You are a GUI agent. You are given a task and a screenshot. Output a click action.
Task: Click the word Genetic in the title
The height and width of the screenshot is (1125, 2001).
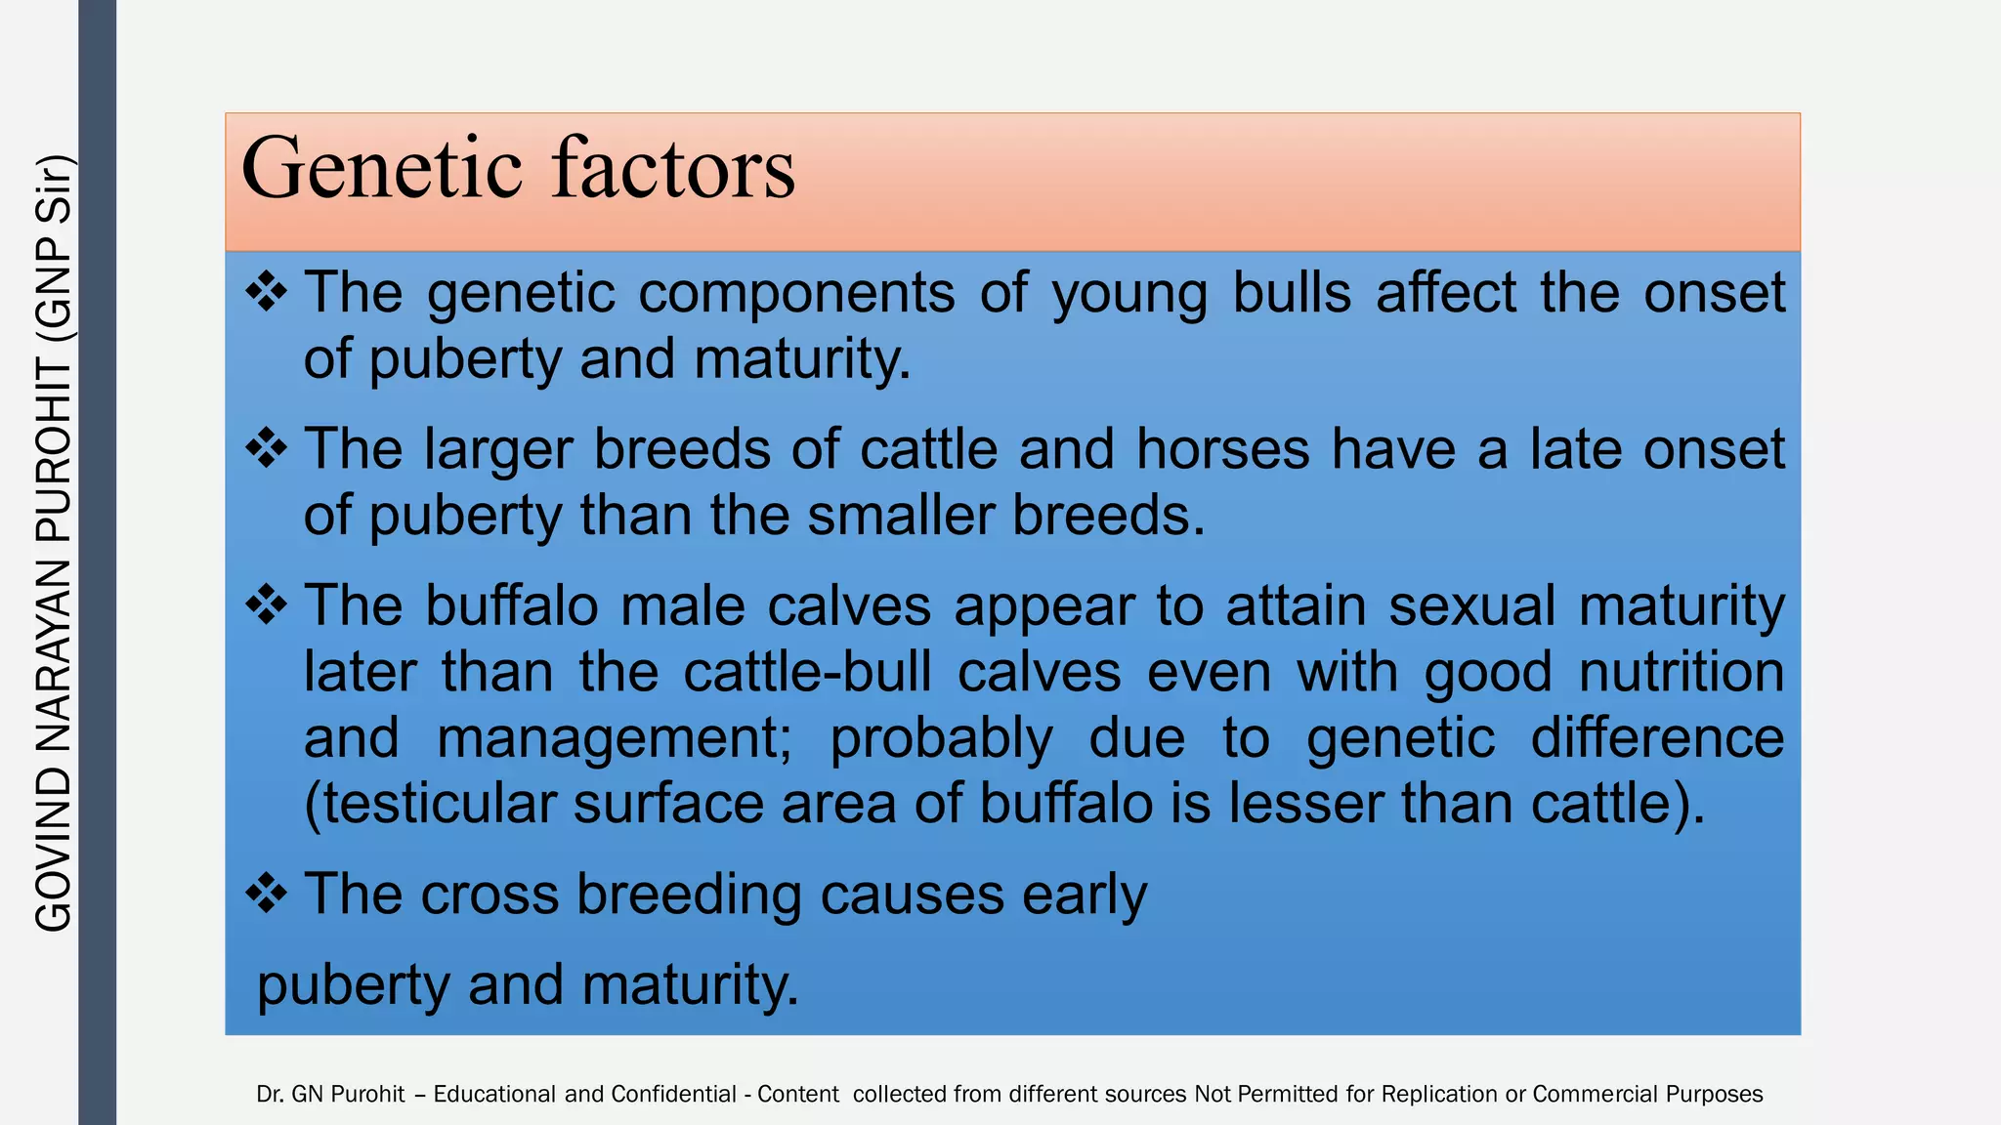click(382, 170)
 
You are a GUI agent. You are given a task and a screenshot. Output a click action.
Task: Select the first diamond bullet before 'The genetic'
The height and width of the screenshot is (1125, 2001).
click(266, 292)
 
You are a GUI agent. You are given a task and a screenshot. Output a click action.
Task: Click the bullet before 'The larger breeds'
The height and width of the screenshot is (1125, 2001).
click(266, 449)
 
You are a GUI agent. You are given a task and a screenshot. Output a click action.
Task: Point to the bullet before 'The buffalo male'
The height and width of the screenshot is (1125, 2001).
click(266, 605)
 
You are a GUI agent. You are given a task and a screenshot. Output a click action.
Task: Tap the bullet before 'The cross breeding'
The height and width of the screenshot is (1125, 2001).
click(266, 893)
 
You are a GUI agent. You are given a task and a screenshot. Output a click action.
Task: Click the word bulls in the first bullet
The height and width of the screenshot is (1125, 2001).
click(1291, 292)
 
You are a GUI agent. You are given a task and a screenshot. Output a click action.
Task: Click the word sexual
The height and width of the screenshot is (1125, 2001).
click(1471, 605)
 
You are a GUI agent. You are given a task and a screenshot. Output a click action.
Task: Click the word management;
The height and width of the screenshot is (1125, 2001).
click(615, 738)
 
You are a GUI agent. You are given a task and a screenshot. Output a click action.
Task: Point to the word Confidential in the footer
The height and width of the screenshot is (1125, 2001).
click(673, 1094)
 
